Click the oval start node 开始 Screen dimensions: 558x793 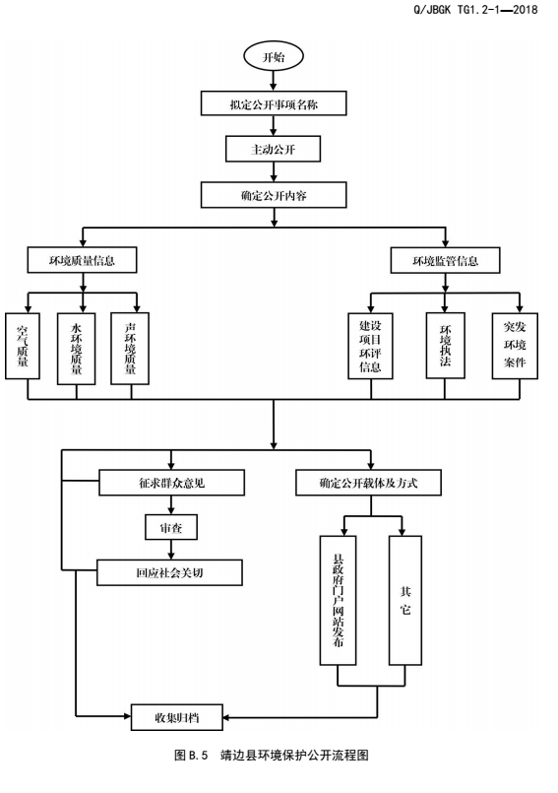click(x=274, y=57)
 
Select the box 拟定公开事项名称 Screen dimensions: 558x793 click(x=274, y=103)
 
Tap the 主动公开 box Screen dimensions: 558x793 click(x=273, y=149)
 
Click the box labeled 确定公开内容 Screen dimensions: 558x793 click(x=274, y=195)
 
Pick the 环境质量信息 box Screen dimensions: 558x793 click(x=82, y=260)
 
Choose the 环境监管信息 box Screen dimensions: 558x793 click(x=445, y=260)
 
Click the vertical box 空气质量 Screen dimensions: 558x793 click(x=23, y=346)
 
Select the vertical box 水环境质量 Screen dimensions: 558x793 click(x=77, y=349)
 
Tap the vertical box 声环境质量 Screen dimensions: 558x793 click(x=130, y=349)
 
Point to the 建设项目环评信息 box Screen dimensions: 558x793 click(x=370, y=346)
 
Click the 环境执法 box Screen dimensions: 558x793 click(x=445, y=346)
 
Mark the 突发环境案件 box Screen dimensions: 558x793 click(x=515, y=346)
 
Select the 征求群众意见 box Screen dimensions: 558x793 click(x=172, y=483)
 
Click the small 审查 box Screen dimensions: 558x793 click(x=171, y=527)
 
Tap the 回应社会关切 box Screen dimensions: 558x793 click(x=170, y=572)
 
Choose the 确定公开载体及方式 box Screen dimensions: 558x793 click(x=368, y=483)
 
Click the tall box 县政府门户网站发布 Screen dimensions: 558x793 click(x=339, y=600)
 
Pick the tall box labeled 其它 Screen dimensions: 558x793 click(x=405, y=600)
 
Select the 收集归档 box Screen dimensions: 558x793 click(x=177, y=717)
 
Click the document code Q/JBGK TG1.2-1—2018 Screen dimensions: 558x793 click(x=475, y=10)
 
